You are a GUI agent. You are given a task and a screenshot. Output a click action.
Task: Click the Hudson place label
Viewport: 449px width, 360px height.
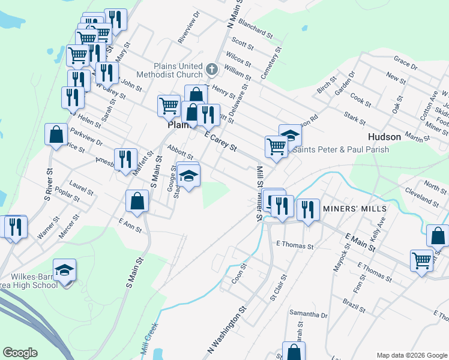384,137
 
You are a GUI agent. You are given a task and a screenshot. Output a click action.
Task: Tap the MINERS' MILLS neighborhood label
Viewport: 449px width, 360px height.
354,208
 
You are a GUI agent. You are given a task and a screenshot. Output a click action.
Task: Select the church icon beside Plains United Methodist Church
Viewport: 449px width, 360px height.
211,70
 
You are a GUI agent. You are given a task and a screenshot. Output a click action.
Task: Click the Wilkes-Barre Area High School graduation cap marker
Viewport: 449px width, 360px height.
64,271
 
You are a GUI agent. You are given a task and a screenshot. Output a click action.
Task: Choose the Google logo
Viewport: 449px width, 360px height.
20,353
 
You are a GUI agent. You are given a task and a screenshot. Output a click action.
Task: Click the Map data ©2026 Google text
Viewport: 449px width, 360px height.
412,355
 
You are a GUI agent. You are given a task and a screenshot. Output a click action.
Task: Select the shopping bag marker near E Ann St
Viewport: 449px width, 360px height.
137,201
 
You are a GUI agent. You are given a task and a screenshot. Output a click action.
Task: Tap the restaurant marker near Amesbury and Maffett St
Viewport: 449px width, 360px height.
125,159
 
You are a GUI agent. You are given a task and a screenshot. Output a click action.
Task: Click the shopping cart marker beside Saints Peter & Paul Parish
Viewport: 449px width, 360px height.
276,145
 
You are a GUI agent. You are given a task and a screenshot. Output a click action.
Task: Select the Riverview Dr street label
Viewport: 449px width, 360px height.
188,31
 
